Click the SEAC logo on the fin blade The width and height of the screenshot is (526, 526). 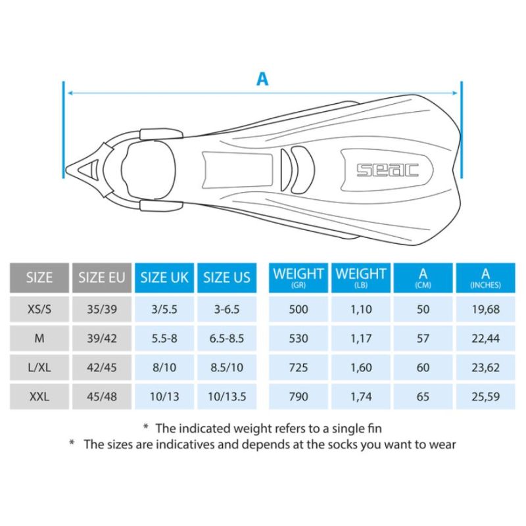pyautogui.click(x=387, y=170)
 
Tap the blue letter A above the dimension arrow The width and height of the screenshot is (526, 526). pyautogui.click(x=262, y=79)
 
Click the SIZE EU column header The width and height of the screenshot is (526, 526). pyautogui.click(x=102, y=277)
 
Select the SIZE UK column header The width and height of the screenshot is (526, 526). pyautogui.click(x=164, y=277)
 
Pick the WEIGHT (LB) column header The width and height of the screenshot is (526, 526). pyautogui.click(x=361, y=277)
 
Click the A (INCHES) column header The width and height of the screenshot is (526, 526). pyautogui.click(x=485, y=277)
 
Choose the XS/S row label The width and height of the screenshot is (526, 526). pyautogui.click(x=39, y=309)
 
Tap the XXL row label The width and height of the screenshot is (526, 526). pyautogui.click(x=39, y=396)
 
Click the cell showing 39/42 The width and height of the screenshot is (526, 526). pyautogui.click(x=102, y=338)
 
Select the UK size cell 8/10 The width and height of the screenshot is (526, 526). pyautogui.click(x=164, y=368)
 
